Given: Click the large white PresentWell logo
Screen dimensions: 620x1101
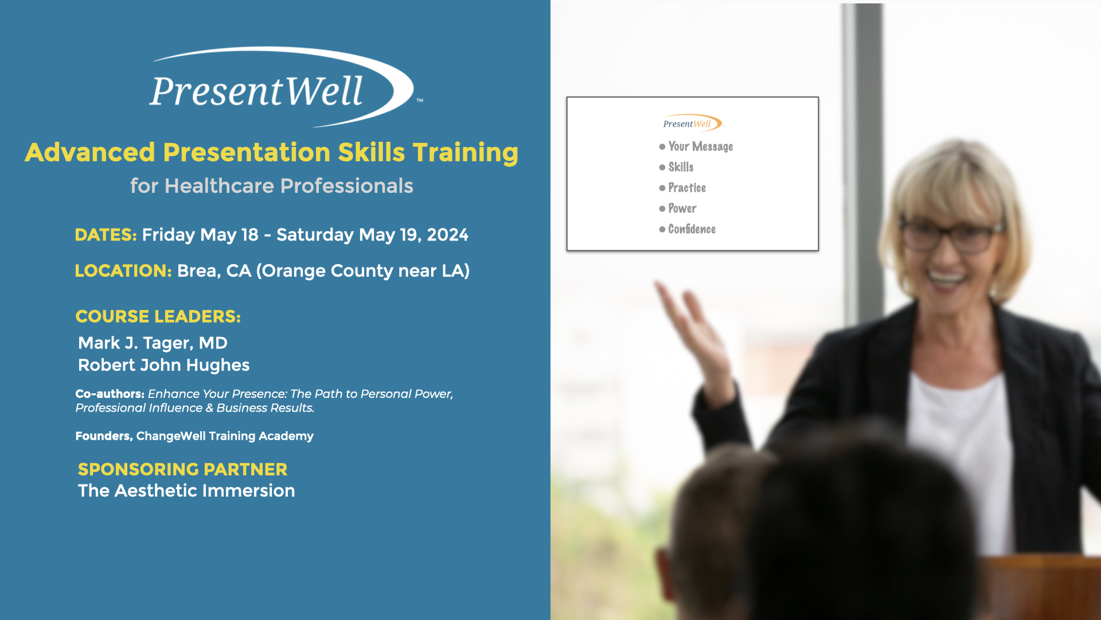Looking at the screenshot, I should [281, 89].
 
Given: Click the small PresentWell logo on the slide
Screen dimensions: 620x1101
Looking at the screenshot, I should [692, 123].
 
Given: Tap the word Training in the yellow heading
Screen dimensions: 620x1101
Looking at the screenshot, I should [465, 153].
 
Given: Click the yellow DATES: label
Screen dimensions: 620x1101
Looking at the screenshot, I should [106, 235].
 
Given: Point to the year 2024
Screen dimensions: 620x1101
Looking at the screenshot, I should [447, 235].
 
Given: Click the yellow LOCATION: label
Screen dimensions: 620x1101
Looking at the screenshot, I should [123, 271].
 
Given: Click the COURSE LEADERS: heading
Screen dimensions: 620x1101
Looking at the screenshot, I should [158, 316].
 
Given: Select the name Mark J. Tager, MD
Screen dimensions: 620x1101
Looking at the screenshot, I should [153, 343].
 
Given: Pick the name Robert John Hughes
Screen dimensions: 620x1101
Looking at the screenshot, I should [163, 365].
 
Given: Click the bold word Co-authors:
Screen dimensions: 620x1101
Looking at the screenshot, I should [110, 394].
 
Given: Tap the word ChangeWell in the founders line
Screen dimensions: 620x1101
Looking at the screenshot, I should [170, 436].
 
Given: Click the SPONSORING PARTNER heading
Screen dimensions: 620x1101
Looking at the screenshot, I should [182, 469].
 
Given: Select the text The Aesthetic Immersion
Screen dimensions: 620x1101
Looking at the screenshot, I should [186, 491].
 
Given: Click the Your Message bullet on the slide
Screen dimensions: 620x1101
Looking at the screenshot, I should [700, 147].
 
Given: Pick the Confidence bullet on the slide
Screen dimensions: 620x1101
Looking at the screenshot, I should [691, 229].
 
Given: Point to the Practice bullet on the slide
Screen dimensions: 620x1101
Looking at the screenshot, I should [686, 188].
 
